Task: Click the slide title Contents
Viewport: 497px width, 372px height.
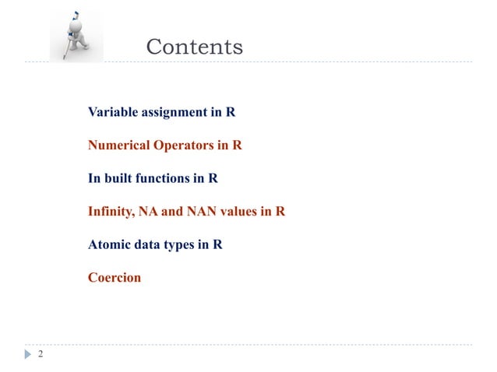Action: pyautogui.click(x=195, y=47)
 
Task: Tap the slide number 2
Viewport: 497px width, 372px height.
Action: pyautogui.click(x=41, y=355)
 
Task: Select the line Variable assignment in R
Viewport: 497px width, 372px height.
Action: pyautogui.click(x=161, y=112)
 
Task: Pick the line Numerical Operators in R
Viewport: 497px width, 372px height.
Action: pyautogui.click(x=164, y=145)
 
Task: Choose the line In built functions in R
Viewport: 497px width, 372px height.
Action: pyautogui.click(x=153, y=178)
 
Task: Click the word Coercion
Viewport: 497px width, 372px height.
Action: pyautogui.click(x=115, y=276)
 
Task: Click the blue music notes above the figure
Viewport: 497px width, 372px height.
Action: pyautogui.click(x=75, y=13)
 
